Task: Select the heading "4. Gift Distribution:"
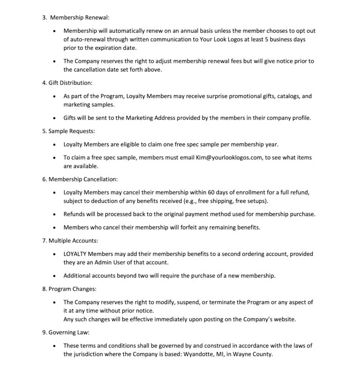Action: tap(67, 83)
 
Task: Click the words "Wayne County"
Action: tap(253, 354)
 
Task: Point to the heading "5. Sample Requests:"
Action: tap(69, 131)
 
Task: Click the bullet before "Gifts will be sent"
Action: tap(56, 118)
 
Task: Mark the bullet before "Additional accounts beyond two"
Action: tap(56, 276)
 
